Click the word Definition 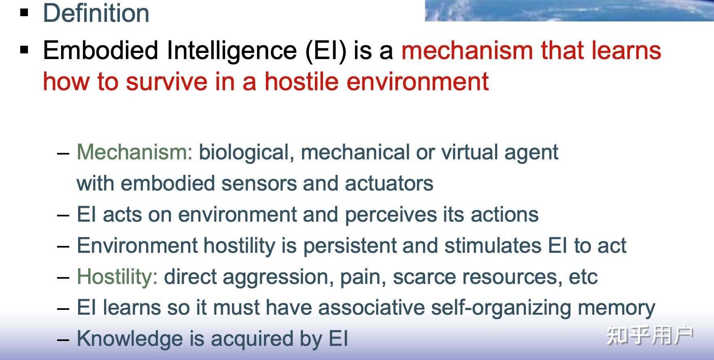96,13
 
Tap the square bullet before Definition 25,13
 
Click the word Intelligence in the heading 232,51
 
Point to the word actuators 389,184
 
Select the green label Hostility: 117,277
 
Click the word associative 371,308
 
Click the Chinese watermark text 650,335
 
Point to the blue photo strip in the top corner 569,10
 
